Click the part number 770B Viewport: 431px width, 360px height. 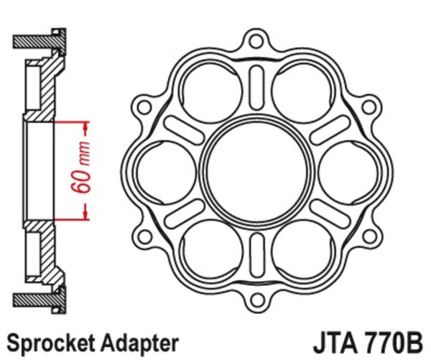(x=394, y=341)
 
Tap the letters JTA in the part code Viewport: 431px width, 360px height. (x=334, y=341)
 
